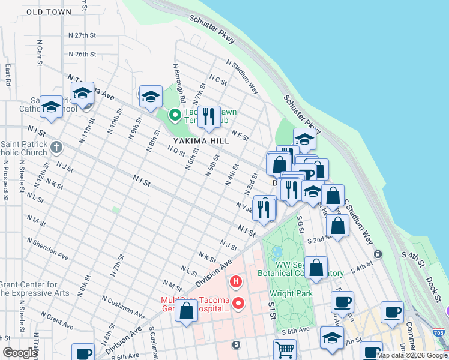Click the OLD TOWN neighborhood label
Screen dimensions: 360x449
(x=49, y=12)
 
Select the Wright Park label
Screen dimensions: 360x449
(x=291, y=294)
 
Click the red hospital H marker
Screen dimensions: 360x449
(x=237, y=281)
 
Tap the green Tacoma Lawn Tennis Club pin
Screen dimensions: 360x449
(x=175, y=114)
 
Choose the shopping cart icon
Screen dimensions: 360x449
(x=285, y=349)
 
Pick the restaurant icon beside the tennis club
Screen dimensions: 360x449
(x=209, y=116)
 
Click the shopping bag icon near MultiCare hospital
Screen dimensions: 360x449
(x=187, y=311)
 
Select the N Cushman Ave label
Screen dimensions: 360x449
(x=123, y=307)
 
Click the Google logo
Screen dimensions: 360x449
(x=20, y=353)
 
